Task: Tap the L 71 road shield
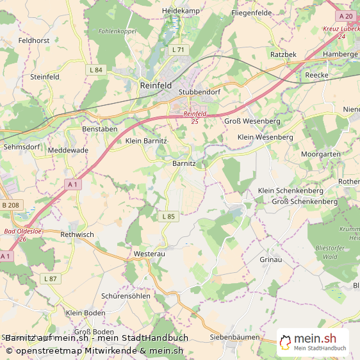[178, 49]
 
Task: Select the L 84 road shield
[96, 69]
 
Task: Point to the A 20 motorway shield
[346, 16]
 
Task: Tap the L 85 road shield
[168, 217]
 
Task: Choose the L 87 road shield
[50, 279]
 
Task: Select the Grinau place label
[270, 259]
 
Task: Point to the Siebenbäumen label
[234, 337]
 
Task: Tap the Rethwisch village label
[77, 234]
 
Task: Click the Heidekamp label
[181, 11]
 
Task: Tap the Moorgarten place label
[321, 155]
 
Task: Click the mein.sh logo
[313, 342]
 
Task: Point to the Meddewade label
[68, 150]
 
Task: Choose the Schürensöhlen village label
[126, 296]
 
